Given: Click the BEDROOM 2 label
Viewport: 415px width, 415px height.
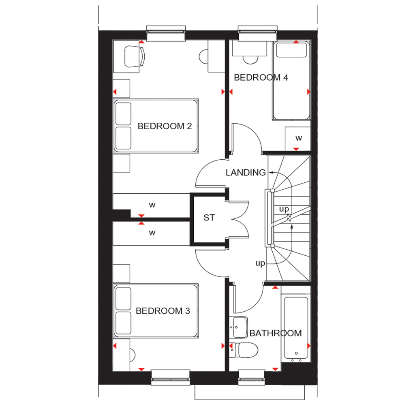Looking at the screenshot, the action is coord(165,126).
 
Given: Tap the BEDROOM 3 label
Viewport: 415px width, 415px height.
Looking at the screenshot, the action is coord(163,311).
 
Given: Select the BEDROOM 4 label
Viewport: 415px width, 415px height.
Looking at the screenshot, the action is coord(261,77).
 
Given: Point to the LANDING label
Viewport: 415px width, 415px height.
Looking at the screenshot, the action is coord(246,173).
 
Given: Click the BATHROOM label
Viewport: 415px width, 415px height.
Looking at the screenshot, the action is coord(276,333).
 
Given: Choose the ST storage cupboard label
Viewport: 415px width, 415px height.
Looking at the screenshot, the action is coord(209,218).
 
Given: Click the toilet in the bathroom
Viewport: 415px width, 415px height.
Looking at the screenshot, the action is coord(244,350).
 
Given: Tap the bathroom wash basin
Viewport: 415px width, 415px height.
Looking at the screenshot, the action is coord(238,327).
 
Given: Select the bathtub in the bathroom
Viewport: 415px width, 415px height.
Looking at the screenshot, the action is coord(296,329).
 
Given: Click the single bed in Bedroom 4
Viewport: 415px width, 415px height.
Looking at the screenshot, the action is coord(291,81).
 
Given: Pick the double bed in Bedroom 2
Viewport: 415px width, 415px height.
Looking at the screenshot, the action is coord(156,126).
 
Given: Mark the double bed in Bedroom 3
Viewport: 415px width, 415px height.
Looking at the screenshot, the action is coord(156,311).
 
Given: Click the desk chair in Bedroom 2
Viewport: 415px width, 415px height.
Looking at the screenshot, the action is coord(135,57).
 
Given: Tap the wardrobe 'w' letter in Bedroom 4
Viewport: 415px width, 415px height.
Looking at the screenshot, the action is coord(299,138).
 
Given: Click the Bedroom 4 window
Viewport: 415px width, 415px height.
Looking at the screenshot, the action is coord(258,33).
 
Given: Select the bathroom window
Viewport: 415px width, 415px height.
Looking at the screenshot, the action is coord(252,377).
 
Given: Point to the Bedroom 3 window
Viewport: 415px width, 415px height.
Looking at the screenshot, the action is coord(171,377).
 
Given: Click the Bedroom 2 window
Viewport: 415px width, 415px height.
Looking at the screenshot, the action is coord(166,33).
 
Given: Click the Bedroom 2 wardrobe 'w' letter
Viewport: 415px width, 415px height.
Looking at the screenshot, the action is coord(152,205).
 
